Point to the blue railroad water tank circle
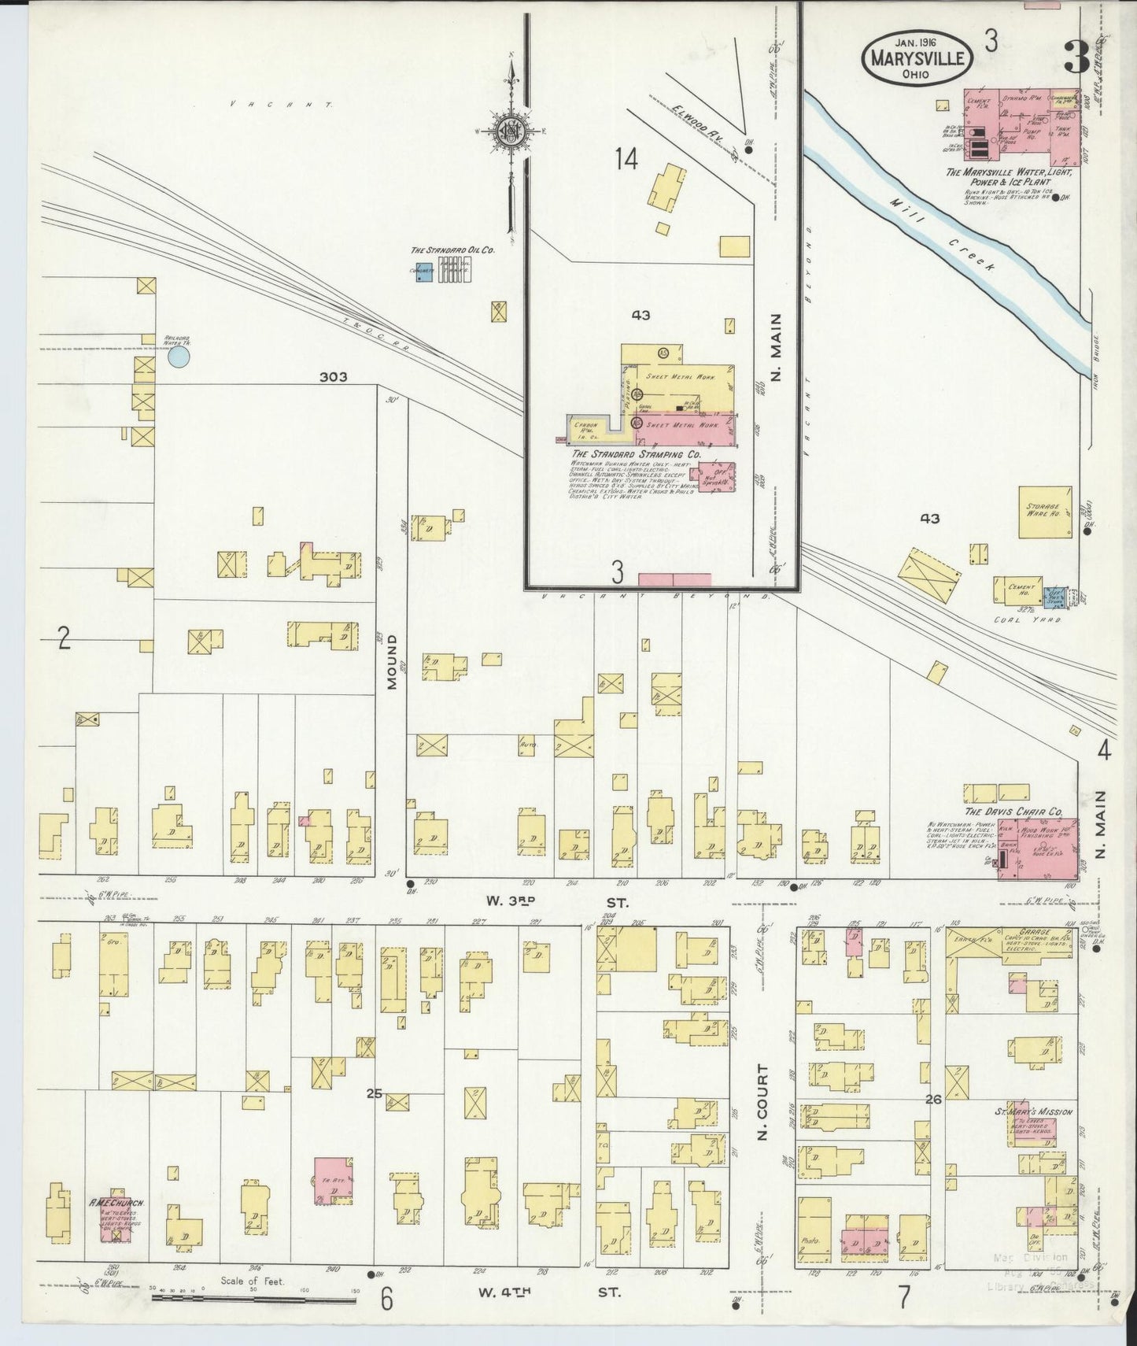[x=179, y=358]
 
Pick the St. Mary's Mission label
[x=1032, y=1112]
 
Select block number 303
[x=334, y=378]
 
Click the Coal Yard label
[x=1039, y=619]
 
